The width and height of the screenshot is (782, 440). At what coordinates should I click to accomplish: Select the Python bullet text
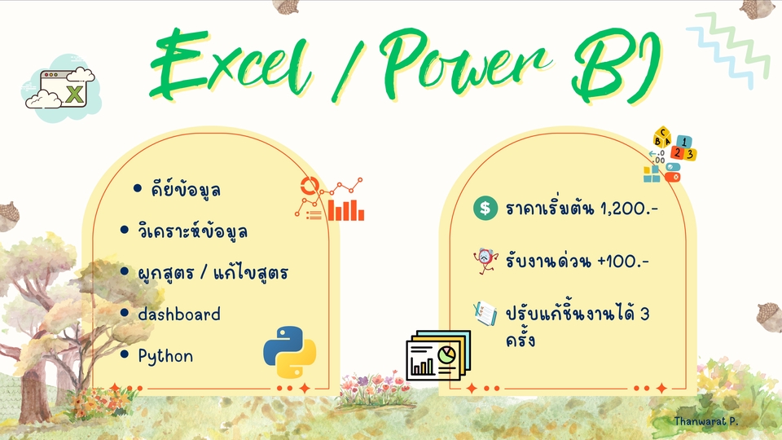click(x=165, y=356)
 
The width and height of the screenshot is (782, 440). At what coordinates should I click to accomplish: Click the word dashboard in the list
click(x=179, y=314)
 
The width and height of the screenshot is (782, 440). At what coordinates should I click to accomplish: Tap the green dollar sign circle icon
click(x=485, y=209)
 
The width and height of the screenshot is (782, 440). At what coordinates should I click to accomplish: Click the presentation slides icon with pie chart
click(x=437, y=355)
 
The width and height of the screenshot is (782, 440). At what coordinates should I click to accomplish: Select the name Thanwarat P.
click(x=706, y=421)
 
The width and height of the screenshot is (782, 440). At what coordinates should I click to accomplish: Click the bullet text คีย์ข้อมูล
click(x=186, y=189)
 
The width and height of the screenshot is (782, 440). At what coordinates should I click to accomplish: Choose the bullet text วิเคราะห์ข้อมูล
click(x=192, y=231)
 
